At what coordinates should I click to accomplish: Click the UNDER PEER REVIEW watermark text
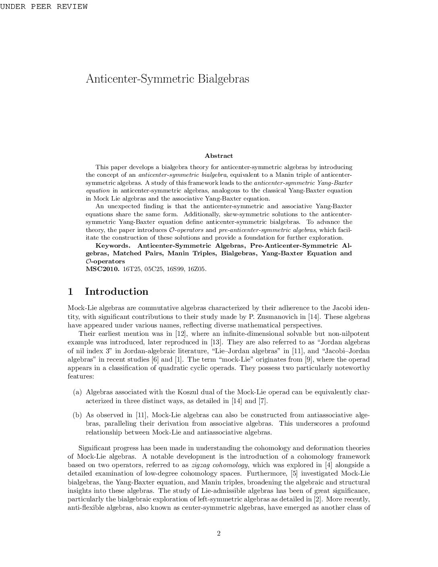pyautogui.click(x=43, y=7)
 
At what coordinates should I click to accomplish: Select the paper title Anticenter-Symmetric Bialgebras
pyautogui.click(x=167, y=79)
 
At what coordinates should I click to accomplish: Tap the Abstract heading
pyautogui.click(x=219, y=156)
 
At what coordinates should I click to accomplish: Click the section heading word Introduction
pyautogui.click(x=116, y=292)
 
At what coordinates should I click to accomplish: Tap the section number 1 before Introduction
pyautogui.click(x=70, y=292)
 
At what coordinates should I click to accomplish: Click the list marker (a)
pyautogui.click(x=77, y=392)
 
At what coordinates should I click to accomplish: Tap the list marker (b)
pyautogui.click(x=77, y=415)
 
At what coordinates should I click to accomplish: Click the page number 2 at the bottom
pyautogui.click(x=219, y=534)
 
